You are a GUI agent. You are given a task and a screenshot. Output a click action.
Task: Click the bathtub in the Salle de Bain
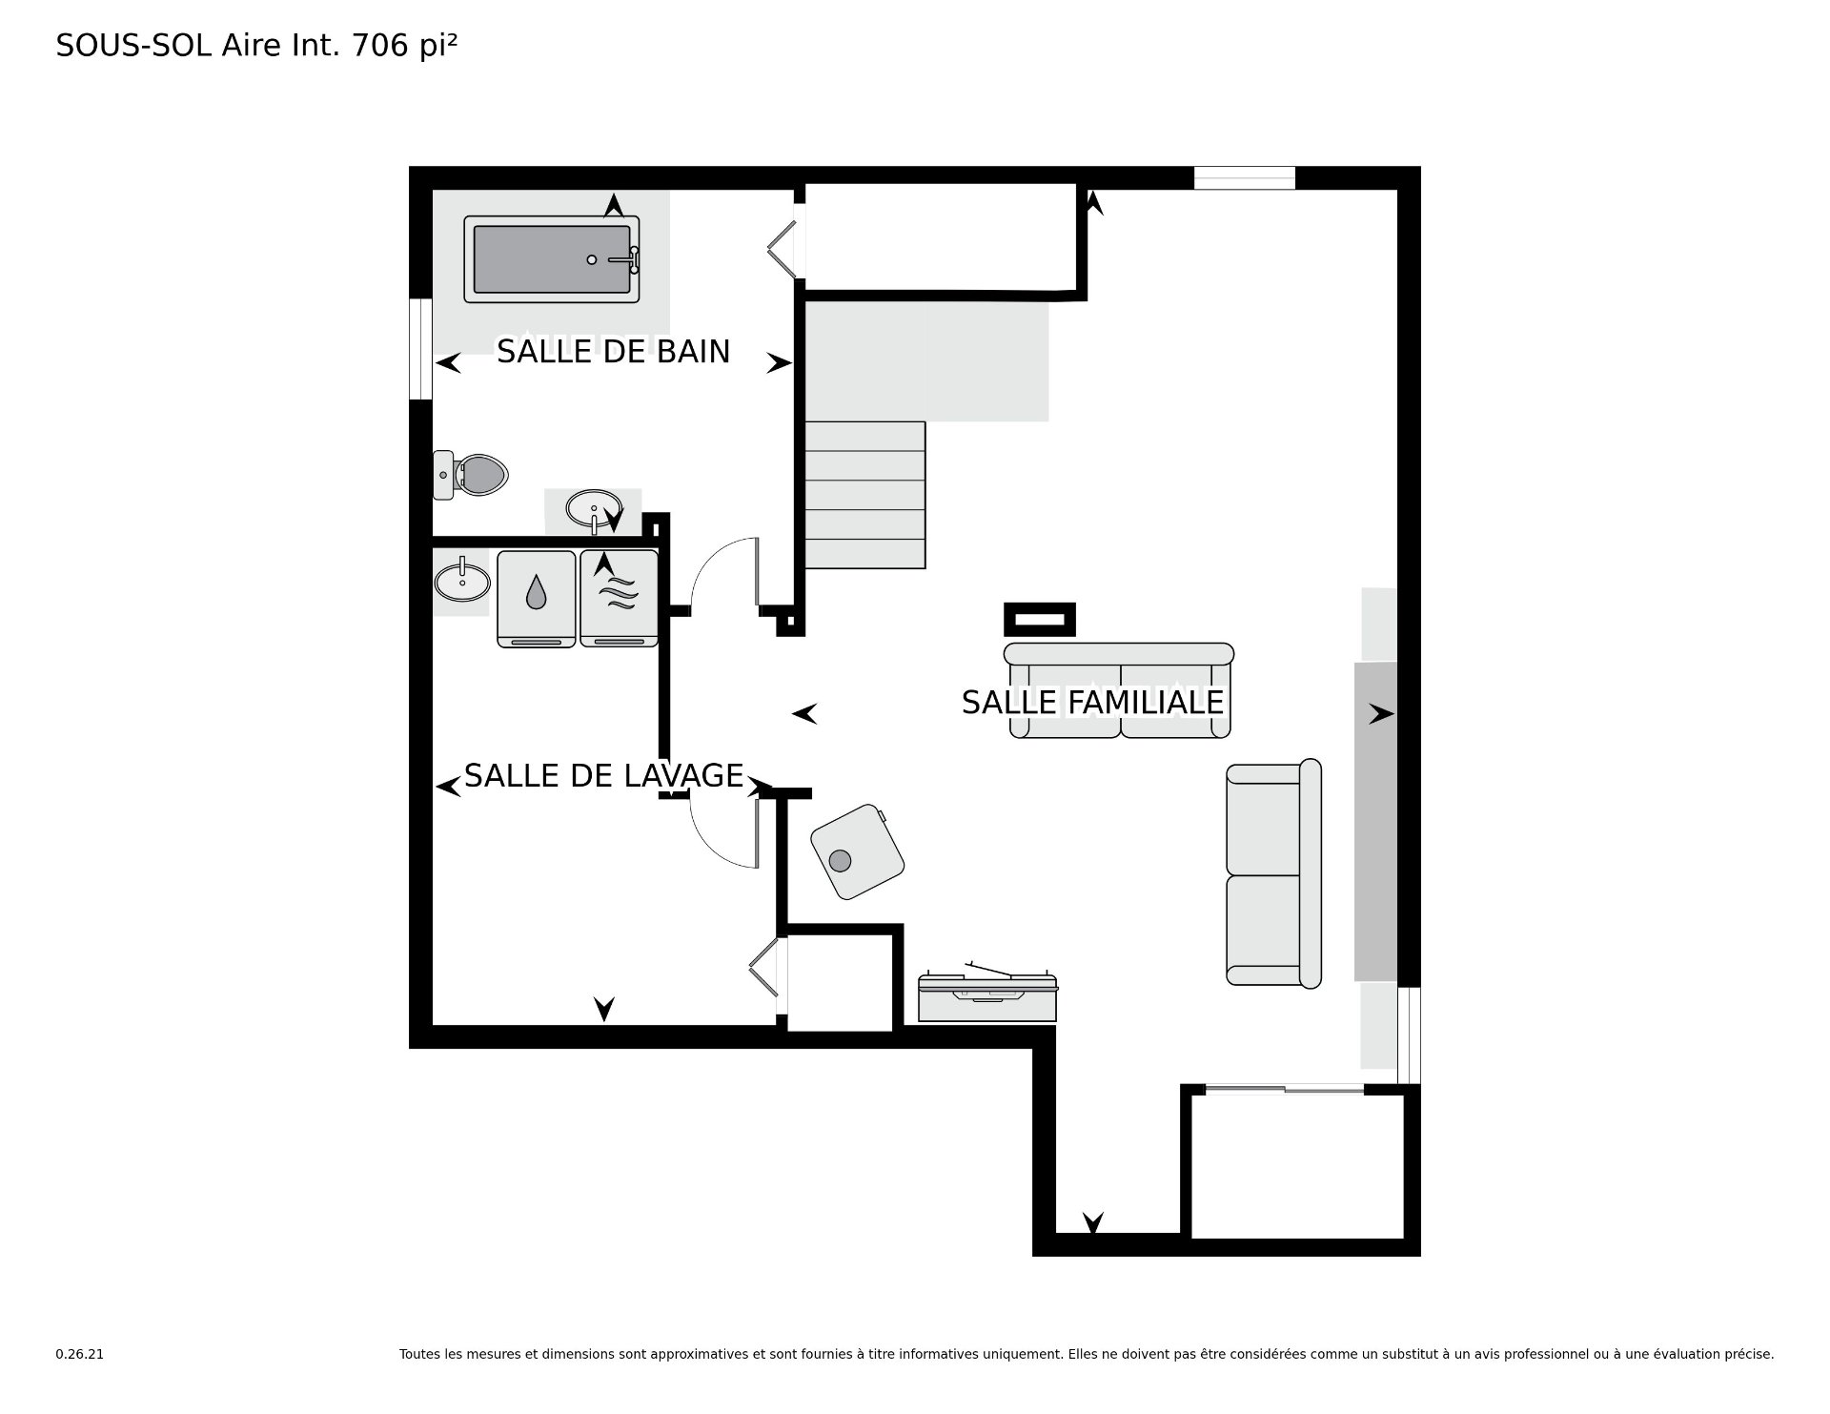[x=552, y=259]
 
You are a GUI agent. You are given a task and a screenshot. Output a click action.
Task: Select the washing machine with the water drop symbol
[x=537, y=599]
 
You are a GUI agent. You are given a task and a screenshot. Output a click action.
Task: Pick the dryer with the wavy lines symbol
[x=619, y=599]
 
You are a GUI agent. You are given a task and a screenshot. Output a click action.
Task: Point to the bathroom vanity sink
[x=594, y=508]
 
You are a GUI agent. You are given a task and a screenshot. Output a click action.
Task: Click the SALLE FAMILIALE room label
[x=1092, y=703]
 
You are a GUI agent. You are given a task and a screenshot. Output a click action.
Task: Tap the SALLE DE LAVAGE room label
[x=603, y=776]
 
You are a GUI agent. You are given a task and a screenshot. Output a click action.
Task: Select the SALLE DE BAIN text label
[x=613, y=352]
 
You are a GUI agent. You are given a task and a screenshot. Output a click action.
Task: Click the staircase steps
[x=865, y=495]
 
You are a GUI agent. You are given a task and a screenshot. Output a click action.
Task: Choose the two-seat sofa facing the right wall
[x=1273, y=873]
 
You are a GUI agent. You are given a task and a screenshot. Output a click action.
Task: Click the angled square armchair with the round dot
[x=857, y=851]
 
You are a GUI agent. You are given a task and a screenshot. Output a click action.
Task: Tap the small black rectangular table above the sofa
[x=1040, y=620]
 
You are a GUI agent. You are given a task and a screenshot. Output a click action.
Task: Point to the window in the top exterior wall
[x=1245, y=178]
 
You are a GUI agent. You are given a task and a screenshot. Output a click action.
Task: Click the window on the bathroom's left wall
[x=420, y=349]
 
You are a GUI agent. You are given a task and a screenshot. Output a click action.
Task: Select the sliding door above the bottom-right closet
[x=1285, y=1089]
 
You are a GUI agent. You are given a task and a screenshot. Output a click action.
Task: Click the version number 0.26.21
[x=80, y=1354]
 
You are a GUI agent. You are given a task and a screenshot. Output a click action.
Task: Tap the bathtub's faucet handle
[x=626, y=258]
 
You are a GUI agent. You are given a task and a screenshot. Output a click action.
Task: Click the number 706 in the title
[x=381, y=45]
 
